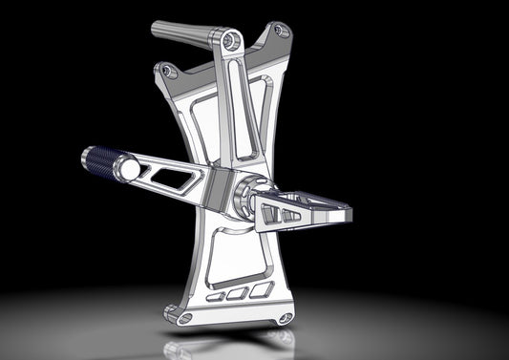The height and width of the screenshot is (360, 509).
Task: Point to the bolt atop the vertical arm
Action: (229, 40)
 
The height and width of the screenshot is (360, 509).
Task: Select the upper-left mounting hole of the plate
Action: (168, 71)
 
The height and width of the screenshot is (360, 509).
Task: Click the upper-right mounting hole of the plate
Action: (280, 31)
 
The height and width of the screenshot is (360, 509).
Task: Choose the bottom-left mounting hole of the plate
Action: (173, 310)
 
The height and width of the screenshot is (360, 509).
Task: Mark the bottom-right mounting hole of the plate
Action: (282, 316)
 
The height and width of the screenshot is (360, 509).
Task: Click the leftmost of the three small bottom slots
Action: (216, 296)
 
